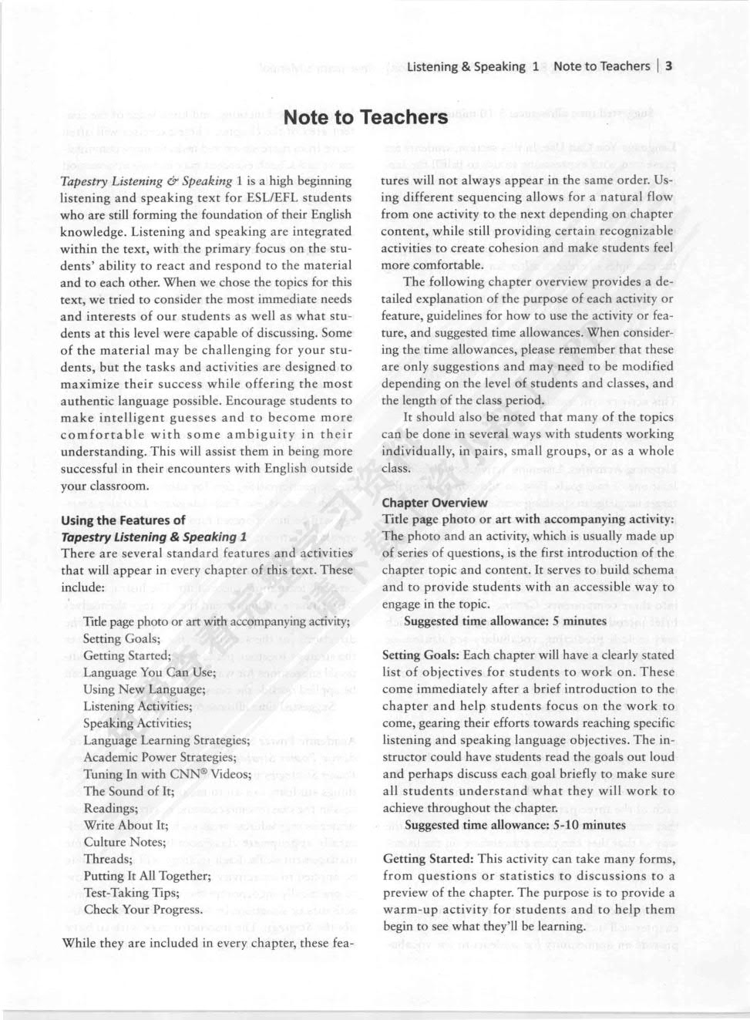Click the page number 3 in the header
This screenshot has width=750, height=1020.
[x=669, y=66]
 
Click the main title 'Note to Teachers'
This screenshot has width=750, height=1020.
[x=365, y=118]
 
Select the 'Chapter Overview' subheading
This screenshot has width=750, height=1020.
[x=435, y=503]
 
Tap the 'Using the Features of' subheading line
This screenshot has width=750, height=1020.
[x=123, y=520]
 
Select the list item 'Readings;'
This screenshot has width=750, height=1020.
[x=111, y=808]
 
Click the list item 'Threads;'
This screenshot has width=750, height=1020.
[x=108, y=859]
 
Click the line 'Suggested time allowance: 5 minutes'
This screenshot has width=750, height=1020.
[x=505, y=621]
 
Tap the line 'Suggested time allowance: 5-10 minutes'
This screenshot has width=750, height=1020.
[x=515, y=825]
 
